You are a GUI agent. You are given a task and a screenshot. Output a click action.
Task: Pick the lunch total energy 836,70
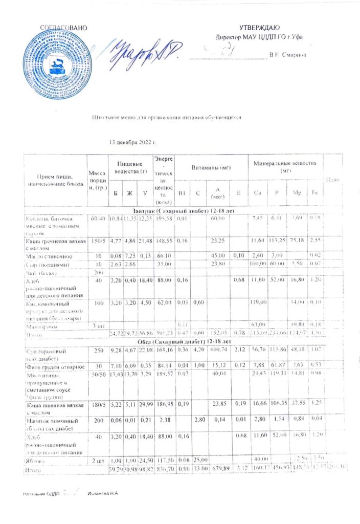coord(163,469)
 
